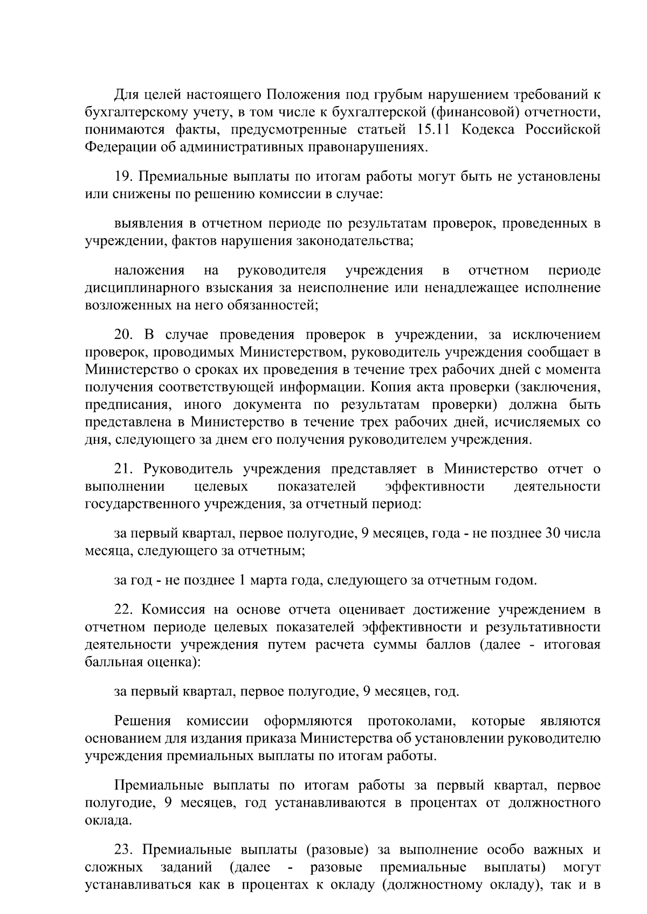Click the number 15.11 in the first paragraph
point(434,130)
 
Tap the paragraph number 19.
point(123,177)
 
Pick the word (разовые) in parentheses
point(336,850)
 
